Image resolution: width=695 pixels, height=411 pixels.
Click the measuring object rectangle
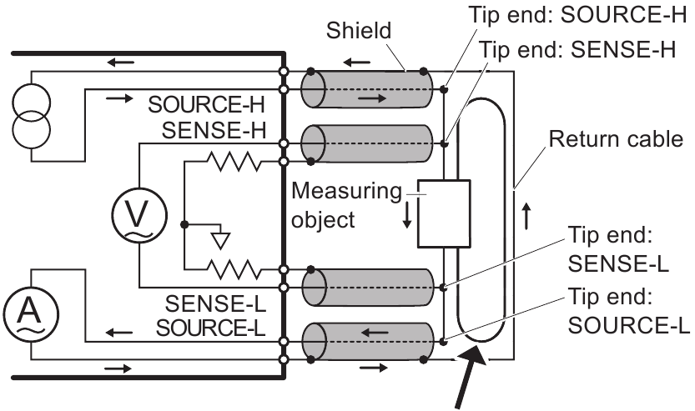tap(443, 213)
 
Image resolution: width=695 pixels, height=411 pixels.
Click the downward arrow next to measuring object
tap(406, 214)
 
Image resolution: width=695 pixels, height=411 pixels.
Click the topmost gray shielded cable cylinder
tap(368, 88)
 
